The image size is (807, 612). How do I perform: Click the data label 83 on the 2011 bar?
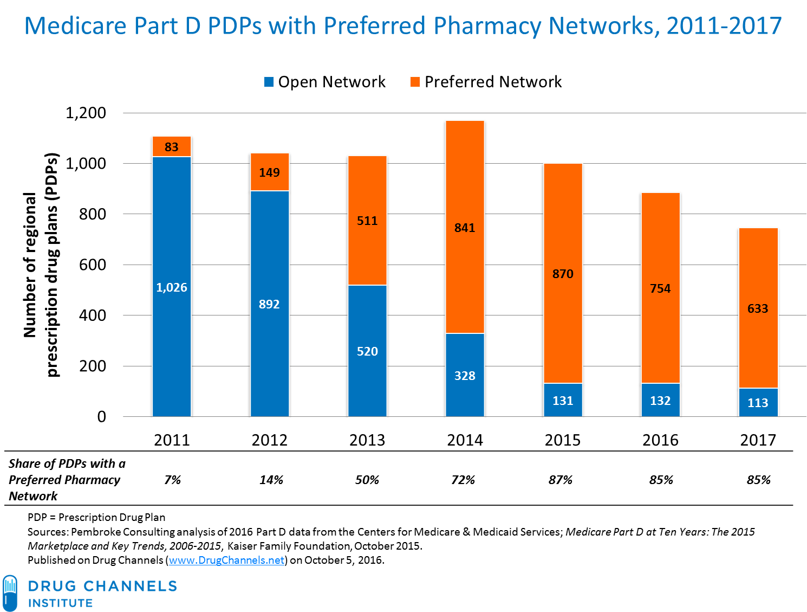click(172, 147)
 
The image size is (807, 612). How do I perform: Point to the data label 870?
click(563, 274)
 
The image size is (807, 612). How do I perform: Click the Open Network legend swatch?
click(269, 82)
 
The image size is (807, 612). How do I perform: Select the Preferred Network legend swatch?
click(415, 82)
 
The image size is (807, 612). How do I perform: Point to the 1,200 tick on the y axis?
click(86, 113)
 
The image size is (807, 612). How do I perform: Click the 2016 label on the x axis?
click(660, 440)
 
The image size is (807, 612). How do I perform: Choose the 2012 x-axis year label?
click(269, 440)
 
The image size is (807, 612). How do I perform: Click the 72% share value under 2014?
click(464, 480)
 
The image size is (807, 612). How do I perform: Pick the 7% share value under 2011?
click(173, 480)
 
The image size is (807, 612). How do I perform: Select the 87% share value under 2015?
click(561, 480)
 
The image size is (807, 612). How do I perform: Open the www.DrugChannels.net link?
click(227, 560)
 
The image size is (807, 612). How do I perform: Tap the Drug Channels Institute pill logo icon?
click(10, 593)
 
